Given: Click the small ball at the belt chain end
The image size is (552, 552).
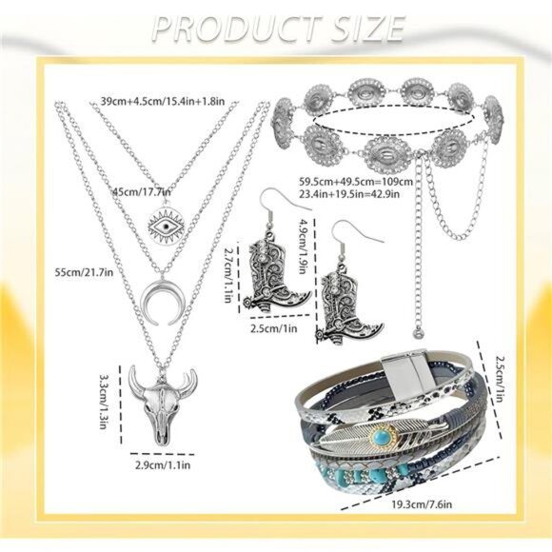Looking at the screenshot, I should coord(417,331).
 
